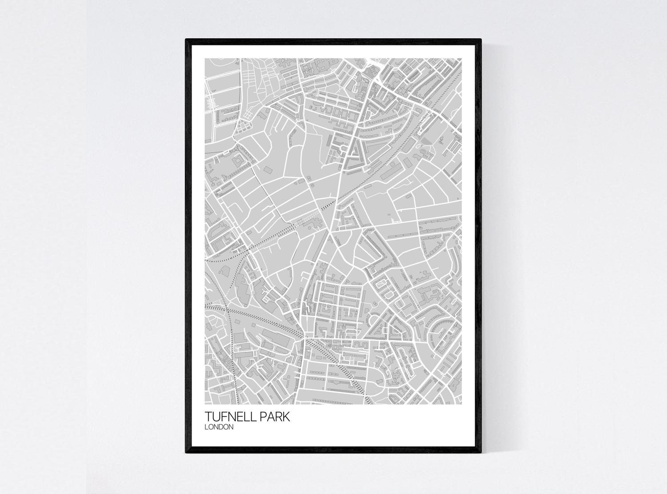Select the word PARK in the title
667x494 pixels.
276,417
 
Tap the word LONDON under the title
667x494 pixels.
219,427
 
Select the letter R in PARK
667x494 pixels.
279,417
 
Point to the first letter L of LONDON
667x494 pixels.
206,427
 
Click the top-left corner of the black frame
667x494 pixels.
186,39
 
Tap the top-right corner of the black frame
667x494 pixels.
481,39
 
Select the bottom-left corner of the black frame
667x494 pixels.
186,453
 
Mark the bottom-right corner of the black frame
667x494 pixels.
481,453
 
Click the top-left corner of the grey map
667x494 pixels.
205,58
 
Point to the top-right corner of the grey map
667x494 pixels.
462,58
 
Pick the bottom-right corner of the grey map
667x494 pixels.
462,404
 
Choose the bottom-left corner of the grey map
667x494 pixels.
205,404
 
